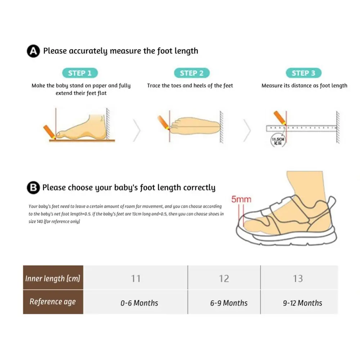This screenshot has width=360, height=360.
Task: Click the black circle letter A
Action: [x=33, y=51]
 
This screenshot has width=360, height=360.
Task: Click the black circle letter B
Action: [x=33, y=188]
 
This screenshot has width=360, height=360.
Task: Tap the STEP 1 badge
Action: [x=80, y=73]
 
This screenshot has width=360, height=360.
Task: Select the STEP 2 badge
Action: [x=192, y=73]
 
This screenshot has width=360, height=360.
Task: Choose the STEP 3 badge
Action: [x=303, y=73]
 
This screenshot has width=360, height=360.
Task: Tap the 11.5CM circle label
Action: [x=278, y=140]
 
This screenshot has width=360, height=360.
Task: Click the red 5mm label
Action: [x=241, y=199]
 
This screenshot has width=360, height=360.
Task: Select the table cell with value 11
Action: [x=136, y=278]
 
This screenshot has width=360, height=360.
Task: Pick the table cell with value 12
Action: [x=224, y=278]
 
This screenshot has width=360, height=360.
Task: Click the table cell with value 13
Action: [x=298, y=278]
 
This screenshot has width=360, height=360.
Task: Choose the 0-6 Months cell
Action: [x=139, y=303]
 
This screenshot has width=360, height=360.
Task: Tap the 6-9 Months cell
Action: [x=229, y=303]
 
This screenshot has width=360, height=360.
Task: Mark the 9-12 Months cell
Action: [x=302, y=303]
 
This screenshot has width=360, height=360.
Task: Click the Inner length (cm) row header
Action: [x=53, y=278]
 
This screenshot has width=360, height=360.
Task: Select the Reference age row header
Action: [x=53, y=302]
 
